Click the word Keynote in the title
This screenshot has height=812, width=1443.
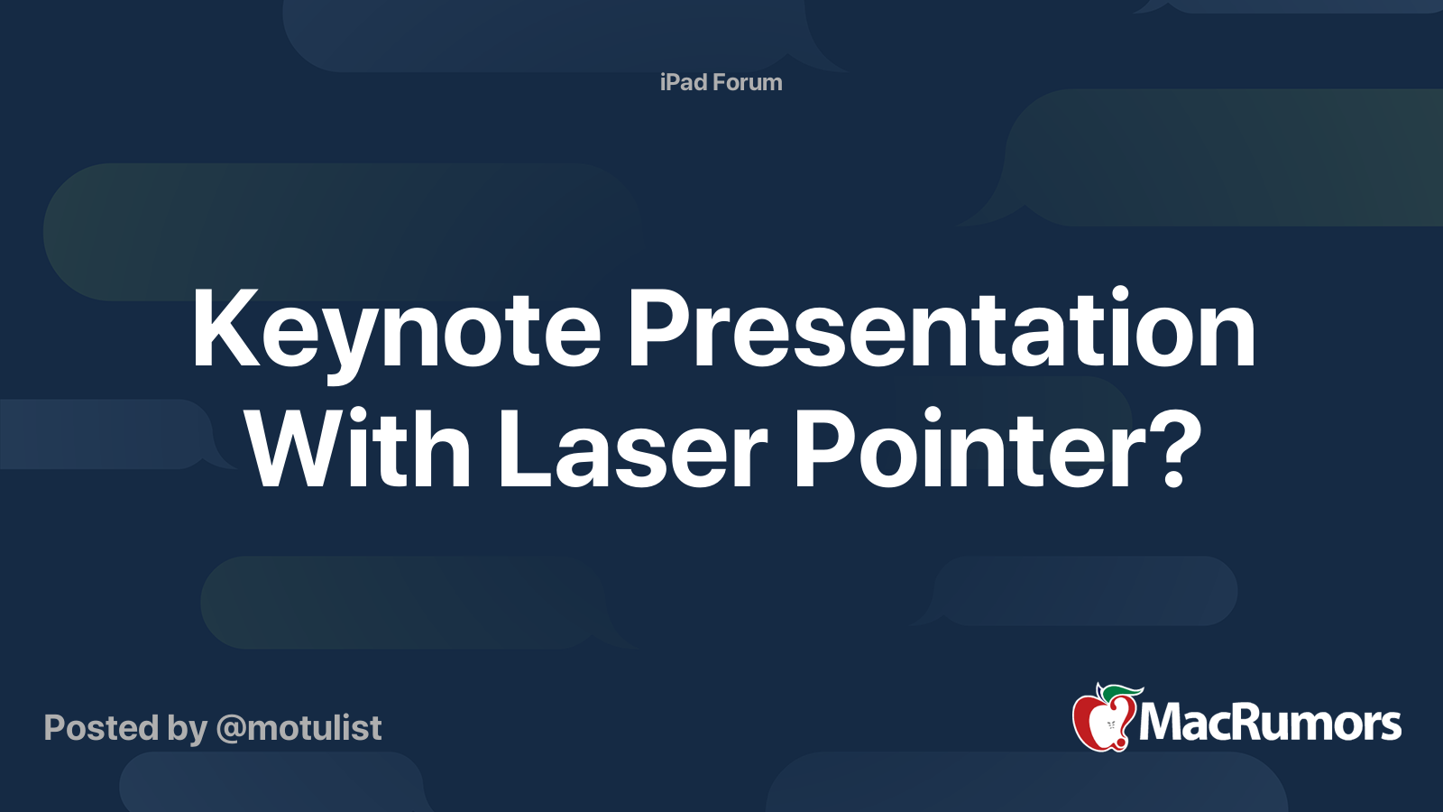click(395, 330)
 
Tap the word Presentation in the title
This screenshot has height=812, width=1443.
click(941, 330)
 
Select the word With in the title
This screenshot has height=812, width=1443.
click(358, 449)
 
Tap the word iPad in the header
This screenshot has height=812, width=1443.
click(683, 82)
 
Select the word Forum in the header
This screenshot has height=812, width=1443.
click(747, 82)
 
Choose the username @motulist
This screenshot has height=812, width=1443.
click(299, 728)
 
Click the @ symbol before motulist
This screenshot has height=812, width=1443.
click(231, 729)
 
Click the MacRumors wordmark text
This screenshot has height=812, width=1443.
click(1270, 723)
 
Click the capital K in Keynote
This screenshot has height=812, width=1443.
click(220, 330)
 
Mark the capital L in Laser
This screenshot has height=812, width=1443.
click(520, 449)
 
